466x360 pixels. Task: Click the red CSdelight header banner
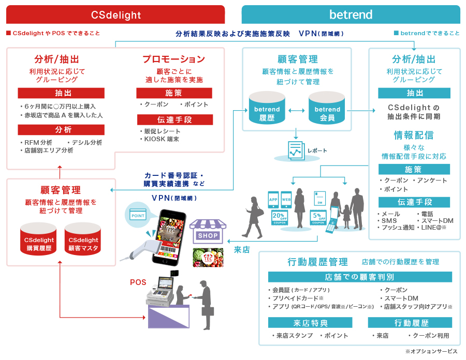pyautogui.click(x=115, y=14)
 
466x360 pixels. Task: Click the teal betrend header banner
pyautogui.click(x=351, y=14)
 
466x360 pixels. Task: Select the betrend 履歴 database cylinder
pyautogui.click(x=267, y=108)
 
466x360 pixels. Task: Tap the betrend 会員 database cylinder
pyautogui.click(x=327, y=108)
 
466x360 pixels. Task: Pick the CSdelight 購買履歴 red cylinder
pyautogui.click(x=39, y=239)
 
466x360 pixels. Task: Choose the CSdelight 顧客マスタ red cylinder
pyautogui.click(x=83, y=239)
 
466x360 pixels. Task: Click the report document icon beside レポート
pyautogui.click(x=296, y=151)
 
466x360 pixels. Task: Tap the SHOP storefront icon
pyautogui.click(x=208, y=231)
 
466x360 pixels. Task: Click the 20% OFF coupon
pyautogui.click(x=280, y=217)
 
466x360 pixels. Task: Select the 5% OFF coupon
pyautogui.click(x=318, y=217)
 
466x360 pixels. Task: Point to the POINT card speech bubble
pyautogui.click(x=138, y=215)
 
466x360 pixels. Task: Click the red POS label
pyautogui.click(x=138, y=282)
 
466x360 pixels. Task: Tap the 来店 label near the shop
pyautogui.click(x=242, y=250)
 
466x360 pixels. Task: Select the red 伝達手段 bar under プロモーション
pyautogui.click(x=175, y=119)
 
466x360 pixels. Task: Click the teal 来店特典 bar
pyautogui.click(x=310, y=323)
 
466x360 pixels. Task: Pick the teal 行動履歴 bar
pyautogui.click(x=410, y=323)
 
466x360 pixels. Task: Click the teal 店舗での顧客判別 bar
pyautogui.click(x=360, y=277)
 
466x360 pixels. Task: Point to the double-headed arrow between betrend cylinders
pyautogui.click(x=297, y=111)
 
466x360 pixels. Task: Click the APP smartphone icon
pyautogui.click(x=273, y=199)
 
